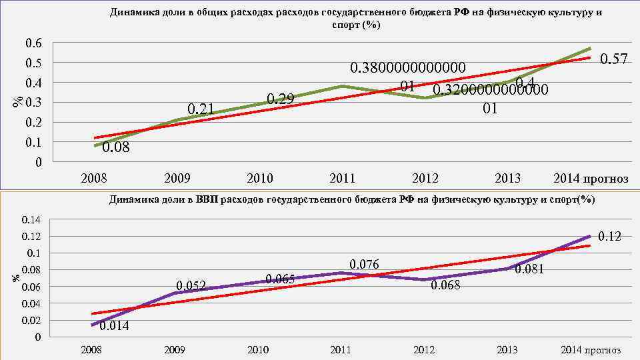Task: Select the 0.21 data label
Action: (x=201, y=109)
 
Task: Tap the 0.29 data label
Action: (x=280, y=100)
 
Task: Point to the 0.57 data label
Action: (x=614, y=59)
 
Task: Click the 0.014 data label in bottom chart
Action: (x=114, y=327)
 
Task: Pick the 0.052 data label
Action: (x=191, y=286)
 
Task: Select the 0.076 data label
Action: (x=364, y=265)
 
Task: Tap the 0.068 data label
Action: (x=446, y=286)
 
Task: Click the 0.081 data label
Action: (x=530, y=270)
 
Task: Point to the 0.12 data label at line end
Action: (x=609, y=236)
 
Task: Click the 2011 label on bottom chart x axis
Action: (x=341, y=350)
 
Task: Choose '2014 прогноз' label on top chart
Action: (x=591, y=179)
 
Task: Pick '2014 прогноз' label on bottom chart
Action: (x=591, y=350)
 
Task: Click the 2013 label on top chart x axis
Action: (x=508, y=179)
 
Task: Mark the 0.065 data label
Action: (x=280, y=279)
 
